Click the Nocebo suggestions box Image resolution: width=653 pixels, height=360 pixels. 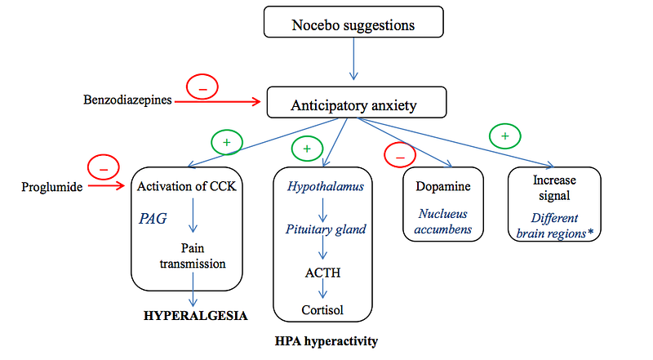pyautogui.click(x=353, y=22)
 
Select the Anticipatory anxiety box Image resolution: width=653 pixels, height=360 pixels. pyautogui.click(x=357, y=103)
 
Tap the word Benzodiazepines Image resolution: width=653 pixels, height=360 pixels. pyautogui.click(x=127, y=100)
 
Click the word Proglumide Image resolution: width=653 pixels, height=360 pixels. pyautogui.click(x=52, y=187)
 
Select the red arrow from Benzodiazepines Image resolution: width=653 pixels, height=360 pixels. pyautogui.click(x=218, y=102)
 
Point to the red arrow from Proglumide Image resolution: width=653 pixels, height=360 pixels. pyautogui.click(x=107, y=186)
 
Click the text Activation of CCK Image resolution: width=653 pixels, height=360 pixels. pyautogui.click(x=187, y=186)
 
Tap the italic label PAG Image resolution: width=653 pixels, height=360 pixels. pyautogui.click(x=153, y=218)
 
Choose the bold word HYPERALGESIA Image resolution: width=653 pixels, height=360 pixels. pyautogui.click(x=195, y=316)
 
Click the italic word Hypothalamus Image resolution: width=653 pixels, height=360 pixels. pyautogui.click(x=325, y=186)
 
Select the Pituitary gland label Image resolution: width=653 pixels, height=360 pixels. pyautogui.click(x=326, y=229)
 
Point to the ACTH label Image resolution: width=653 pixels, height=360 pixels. pyautogui.click(x=322, y=273)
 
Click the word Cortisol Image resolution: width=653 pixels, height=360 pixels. pyautogui.click(x=322, y=310)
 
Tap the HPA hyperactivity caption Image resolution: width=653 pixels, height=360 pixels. pyautogui.click(x=326, y=341)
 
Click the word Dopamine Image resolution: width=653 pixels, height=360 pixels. pyautogui.click(x=443, y=186)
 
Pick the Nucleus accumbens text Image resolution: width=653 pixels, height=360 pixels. pyautogui.click(x=443, y=221)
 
